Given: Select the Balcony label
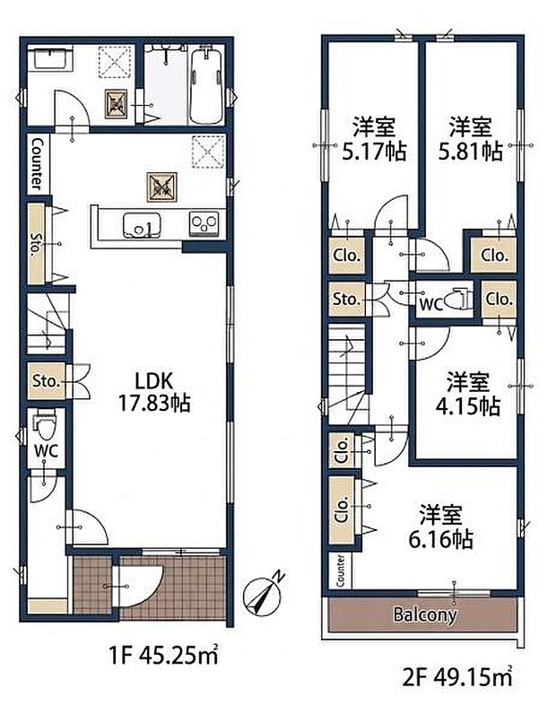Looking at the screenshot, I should pos(424,615).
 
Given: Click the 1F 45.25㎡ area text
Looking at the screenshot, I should pos(159,657).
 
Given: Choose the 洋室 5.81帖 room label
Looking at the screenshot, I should pos(469,139).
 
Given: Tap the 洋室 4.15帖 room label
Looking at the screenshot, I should pos(468,393).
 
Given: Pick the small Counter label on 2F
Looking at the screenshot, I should pos(342,571).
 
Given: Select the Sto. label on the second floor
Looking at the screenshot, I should pos(346,299).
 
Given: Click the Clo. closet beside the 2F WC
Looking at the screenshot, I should pos(500,300).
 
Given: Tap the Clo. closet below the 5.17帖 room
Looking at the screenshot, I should pos(346,256).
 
